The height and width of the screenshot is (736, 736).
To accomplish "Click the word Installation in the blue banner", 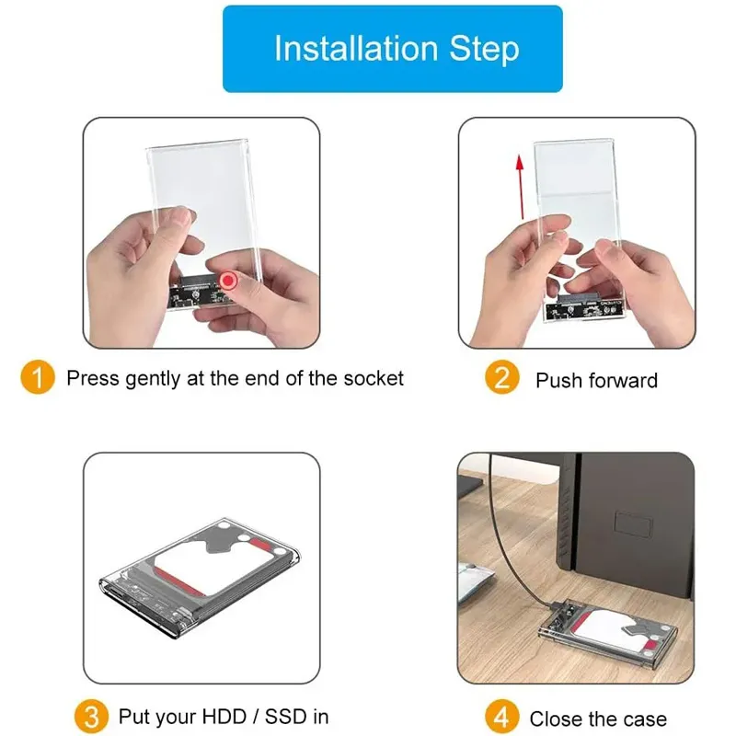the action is click(x=356, y=48).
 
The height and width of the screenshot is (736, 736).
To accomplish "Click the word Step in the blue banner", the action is click(x=485, y=50).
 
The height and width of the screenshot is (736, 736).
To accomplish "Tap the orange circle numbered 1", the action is click(x=38, y=377).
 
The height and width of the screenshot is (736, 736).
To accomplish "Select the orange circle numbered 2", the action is click(x=501, y=377).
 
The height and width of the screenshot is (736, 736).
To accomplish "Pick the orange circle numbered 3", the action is click(x=91, y=717).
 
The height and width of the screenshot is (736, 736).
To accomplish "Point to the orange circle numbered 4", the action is click(x=501, y=717).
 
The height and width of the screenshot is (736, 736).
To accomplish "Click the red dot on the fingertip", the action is click(x=228, y=281).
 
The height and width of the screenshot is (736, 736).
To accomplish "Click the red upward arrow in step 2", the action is click(x=520, y=187).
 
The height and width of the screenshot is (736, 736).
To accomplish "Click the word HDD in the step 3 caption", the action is click(x=224, y=717).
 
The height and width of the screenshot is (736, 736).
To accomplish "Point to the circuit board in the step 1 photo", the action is click(x=200, y=293).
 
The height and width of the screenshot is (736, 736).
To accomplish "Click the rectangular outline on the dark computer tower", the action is click(x=633, y=523).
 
